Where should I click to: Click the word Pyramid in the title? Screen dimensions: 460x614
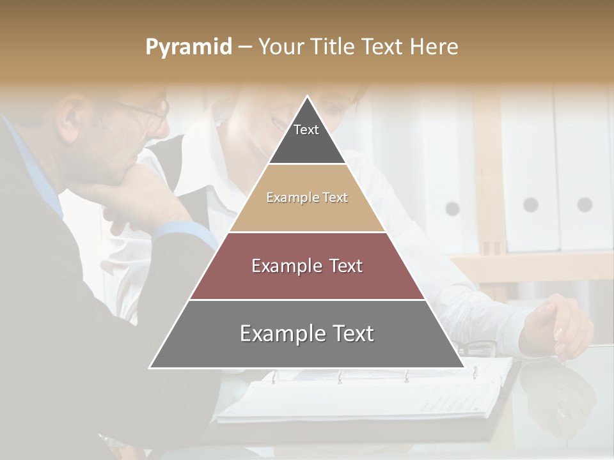[x=189, y=47]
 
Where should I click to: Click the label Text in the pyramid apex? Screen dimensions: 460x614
[x=306, y=130]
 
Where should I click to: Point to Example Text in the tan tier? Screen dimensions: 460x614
[x=307, y=197]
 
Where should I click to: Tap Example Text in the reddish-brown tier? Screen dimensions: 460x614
[x=307, y=266]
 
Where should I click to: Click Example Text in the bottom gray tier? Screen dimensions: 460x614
[x=307, y=333]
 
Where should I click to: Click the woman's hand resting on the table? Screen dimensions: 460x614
[x=556, y=326]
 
